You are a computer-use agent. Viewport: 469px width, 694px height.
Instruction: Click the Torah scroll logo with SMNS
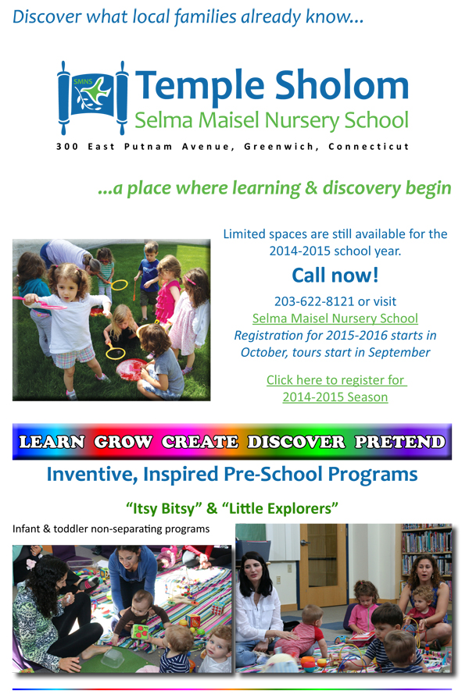[x=93, y=98]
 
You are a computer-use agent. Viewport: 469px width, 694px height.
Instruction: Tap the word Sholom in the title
[x=342, y=85]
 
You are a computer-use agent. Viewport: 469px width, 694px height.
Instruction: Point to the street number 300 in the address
[x=67, y=147]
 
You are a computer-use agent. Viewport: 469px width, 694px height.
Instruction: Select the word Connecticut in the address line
[x=368, y=147]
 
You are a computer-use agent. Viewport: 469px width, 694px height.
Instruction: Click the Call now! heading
[x=335, y=276]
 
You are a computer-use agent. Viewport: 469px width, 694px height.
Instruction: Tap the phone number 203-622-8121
[x=314, y=301]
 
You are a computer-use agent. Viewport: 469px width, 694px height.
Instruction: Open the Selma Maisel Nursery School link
[x=335, y=319]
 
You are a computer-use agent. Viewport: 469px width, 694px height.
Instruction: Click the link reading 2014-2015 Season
[x=335, y=397]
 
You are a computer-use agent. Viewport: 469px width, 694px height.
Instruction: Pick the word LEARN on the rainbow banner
[x=52, y=442]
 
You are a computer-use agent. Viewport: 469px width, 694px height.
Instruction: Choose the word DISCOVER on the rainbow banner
[x=296, y=442]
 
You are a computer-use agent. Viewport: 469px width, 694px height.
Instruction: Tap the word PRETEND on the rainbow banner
[x=400, y=442]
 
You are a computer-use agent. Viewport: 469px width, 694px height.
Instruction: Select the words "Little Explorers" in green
[x=283, y=508]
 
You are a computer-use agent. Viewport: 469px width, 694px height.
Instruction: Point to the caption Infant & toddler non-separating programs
[x=111, y=529]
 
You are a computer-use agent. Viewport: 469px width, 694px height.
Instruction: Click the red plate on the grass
[x=131, y=369]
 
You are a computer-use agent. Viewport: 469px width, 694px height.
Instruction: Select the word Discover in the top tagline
[x=48, y=17]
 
